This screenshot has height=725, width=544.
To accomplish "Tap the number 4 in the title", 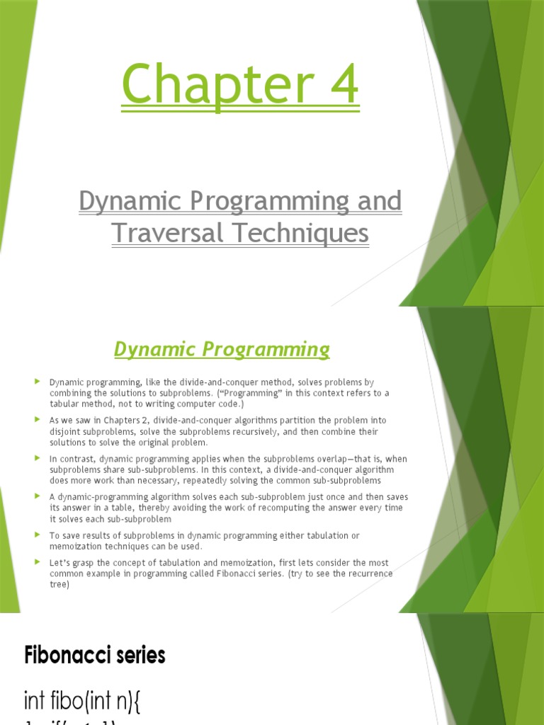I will coord(340,85).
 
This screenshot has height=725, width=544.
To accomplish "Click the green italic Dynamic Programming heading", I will coord(222,349).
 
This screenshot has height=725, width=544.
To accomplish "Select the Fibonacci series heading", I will coord(94,656).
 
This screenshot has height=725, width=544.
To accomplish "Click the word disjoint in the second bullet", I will coord(66,431).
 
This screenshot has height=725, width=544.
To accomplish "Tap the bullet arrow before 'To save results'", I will coord(37,535).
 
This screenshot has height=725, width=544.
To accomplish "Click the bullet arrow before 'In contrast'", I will coord(37,458).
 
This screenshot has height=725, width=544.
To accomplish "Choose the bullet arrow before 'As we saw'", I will coord(37,420).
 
